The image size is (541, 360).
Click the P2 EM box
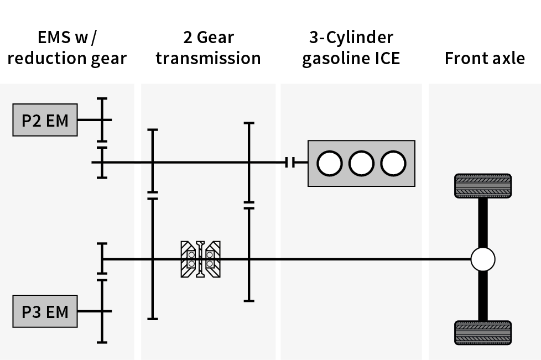tap(45, 120)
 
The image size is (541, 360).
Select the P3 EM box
tap(45, 312)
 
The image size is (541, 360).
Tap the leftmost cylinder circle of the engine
tap(330, 163)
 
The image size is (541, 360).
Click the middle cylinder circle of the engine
tap(361, 163)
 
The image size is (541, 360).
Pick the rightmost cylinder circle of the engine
tap(393, 163)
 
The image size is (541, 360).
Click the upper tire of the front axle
tap(482, 186)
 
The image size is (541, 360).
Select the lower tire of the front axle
tap(482, 332)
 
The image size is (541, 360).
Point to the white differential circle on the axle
tap(482, 259)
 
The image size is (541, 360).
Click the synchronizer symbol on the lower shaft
tap(200, 259)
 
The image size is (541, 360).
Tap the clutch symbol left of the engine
tap(290, 162)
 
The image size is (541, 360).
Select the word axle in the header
tap(507, 59)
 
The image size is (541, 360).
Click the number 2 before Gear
tap(188, 38)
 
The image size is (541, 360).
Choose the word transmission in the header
tap(208, 59)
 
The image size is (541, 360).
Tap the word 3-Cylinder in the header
tap(351, 38)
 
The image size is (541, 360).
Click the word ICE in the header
tap(385, 59)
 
